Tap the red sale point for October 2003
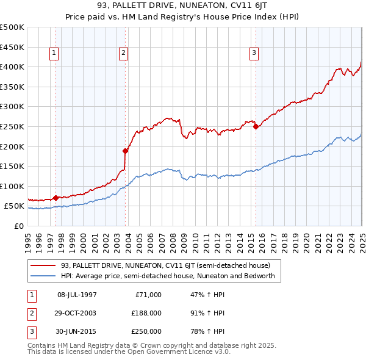[125, 150]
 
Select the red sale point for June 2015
[256, 126]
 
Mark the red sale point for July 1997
[56, 197]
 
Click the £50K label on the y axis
[15, 206]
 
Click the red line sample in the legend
[43, 265]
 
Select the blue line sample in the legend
[43, 276]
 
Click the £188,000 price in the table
[147, 313]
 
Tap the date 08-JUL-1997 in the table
[77, 295]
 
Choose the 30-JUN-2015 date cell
[77, 331]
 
